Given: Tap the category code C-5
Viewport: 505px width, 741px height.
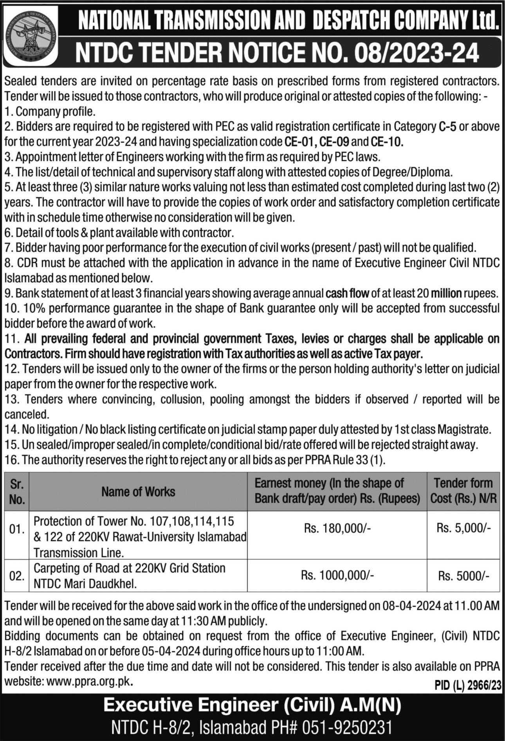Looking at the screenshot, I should tap(446, 127).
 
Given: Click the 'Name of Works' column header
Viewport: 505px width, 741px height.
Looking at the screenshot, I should tap(138, 492).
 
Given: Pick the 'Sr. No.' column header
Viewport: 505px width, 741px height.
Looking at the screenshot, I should tap(17, 492).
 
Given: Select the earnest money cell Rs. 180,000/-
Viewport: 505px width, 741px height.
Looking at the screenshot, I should tap(337, 529).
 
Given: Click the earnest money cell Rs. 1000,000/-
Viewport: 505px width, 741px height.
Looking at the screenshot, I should tap(337, 575).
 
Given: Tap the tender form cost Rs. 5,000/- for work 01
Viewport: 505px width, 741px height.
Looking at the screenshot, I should tap(464, 528).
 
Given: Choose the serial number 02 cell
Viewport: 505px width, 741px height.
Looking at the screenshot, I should tap(17, 576).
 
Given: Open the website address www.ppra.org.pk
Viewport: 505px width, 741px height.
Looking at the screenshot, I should tap(89, 681).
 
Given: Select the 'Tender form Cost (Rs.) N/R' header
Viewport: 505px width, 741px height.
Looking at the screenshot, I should tap(464, 491).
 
